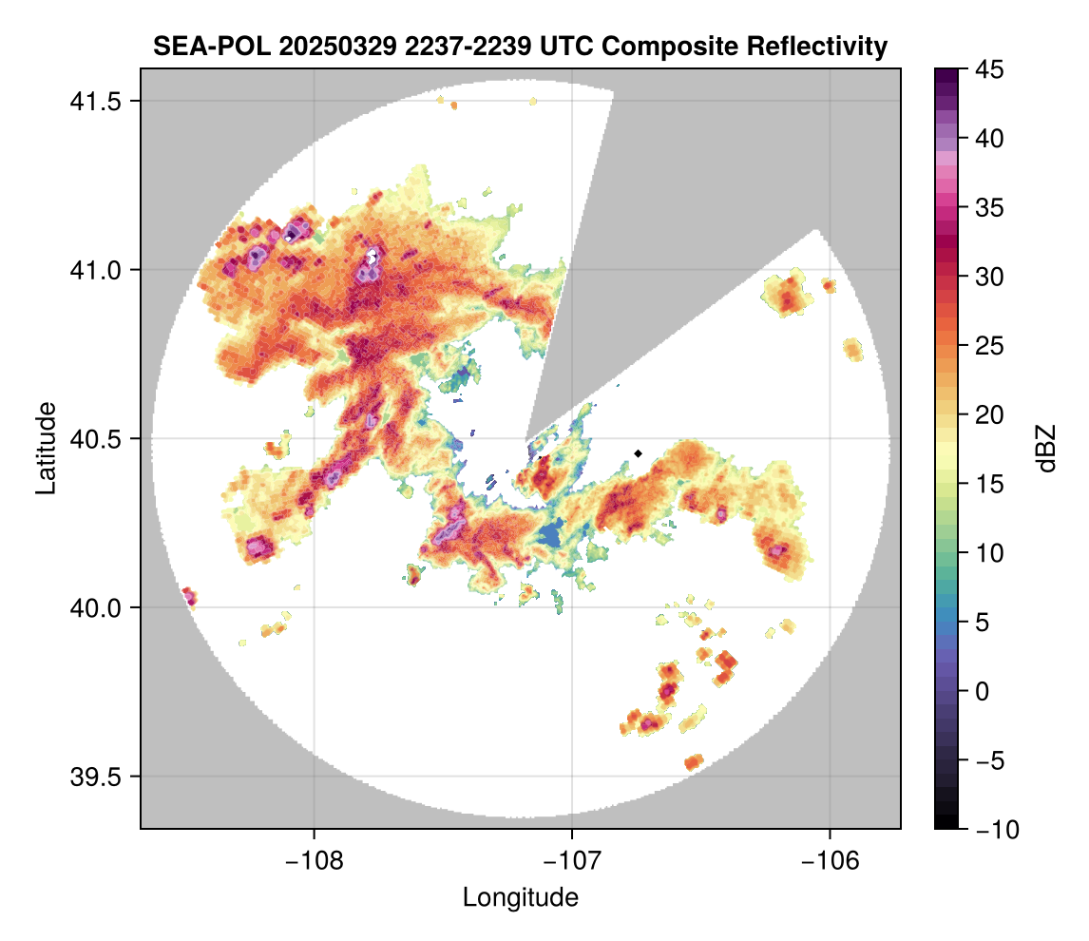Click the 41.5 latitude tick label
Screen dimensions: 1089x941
click(x=95, y=102)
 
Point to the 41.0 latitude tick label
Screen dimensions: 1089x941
click(x=95, y=270)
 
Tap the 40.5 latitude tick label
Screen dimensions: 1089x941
click(x=95, y=439)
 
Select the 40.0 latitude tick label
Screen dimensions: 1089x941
click(x=95, y=607)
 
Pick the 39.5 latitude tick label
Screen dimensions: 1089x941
click(x=95, y=777)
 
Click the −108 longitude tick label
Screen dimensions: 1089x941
click(x=314, y=861)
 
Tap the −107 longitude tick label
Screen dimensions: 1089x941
click(x=572, y=861)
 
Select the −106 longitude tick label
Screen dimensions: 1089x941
click(x=830, y=861)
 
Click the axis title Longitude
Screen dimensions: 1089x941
click(x=520, y=897)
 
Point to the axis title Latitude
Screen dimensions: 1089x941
click(x=46, y=448)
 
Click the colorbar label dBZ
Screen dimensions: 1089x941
click(x=1046, y=449)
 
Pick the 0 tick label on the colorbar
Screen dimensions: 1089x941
click(x=982, y=692)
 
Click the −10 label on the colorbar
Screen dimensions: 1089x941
click(x=998, y=829)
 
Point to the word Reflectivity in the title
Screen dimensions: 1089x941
click(x=817, y=48)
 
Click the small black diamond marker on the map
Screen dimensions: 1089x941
click(x=639, y=453)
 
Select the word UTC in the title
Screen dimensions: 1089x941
click(x=566, y=47)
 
